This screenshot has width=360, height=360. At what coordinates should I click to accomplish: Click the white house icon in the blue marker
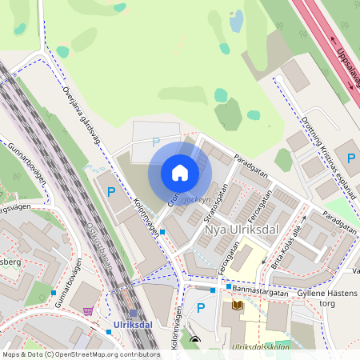[180, 172]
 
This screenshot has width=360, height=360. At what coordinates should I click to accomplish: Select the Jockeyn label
[197, 201]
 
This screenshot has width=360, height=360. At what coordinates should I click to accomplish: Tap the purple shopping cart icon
[87, 310]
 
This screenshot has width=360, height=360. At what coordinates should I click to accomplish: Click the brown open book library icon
[237, 305]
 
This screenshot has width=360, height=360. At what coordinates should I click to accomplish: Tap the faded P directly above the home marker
[155, 142]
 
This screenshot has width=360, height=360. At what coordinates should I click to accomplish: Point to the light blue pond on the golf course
[237, 21]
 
